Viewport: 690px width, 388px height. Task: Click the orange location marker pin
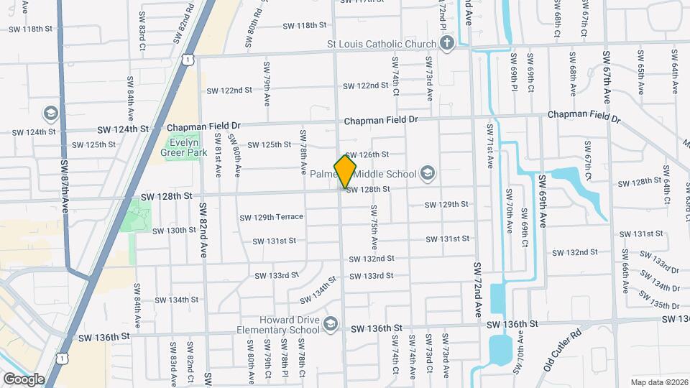tap(345, 171)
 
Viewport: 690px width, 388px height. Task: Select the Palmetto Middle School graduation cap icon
tap(428, 173)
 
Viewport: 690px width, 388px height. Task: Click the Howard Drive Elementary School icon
tap(330, 324)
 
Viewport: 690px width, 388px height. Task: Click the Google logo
tap(24, 378)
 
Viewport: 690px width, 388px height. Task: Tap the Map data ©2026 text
tap(658, 382)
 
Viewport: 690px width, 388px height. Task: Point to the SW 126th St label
tap(367, 154)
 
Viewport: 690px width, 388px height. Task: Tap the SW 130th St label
tap(174, 231)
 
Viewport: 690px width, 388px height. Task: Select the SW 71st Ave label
tap(490, 146)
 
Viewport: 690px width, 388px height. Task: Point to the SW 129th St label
tap(446, 205)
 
